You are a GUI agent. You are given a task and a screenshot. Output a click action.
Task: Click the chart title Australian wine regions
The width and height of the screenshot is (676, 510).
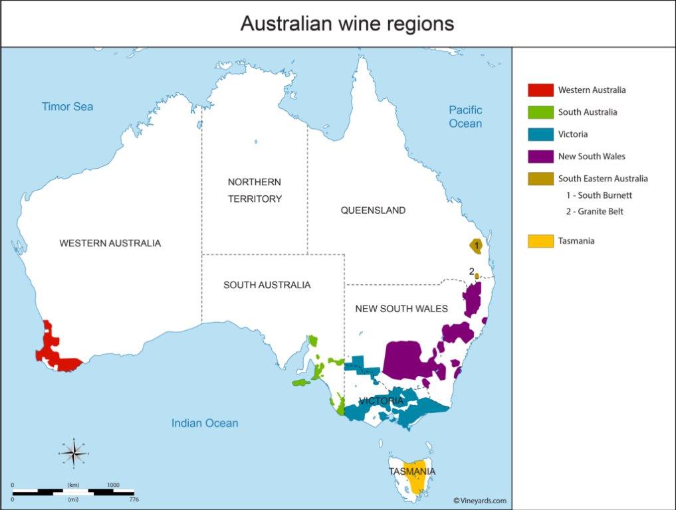[x=347, y=24]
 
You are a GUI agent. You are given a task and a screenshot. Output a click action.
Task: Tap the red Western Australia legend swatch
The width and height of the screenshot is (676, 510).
[x=540, y=90]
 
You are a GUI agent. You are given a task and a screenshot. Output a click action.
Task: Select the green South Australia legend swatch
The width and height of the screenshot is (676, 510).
[x=540, y=112]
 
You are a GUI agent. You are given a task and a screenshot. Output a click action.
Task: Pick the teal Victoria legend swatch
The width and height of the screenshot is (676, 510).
[x=540, y=134]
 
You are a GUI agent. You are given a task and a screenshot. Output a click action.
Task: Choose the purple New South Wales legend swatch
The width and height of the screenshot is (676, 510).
[x=540, y=156]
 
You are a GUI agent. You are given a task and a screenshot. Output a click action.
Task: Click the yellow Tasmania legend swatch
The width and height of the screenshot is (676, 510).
[x=540, y=241]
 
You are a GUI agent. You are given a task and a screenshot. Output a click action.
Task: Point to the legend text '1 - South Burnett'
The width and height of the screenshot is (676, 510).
[x=598, y=195]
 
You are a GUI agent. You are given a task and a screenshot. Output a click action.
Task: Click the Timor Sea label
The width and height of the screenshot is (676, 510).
[x=67, y=106]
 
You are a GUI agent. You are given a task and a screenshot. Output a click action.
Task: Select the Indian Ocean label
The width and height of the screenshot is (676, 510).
[x=205, y=423]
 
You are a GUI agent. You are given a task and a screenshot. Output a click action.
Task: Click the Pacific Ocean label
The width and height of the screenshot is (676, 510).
[x=465, y=117]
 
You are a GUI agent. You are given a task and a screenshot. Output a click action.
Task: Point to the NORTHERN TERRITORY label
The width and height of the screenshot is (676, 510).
[x=255, y=191]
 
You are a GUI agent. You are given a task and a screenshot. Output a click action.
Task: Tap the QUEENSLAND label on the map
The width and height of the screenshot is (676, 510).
[x=373, y=211]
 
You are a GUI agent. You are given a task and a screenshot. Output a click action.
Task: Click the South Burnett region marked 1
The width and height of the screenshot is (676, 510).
[x=476, y=246]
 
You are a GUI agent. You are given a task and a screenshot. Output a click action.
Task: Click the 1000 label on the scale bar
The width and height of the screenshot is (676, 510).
[x=113, y=485]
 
